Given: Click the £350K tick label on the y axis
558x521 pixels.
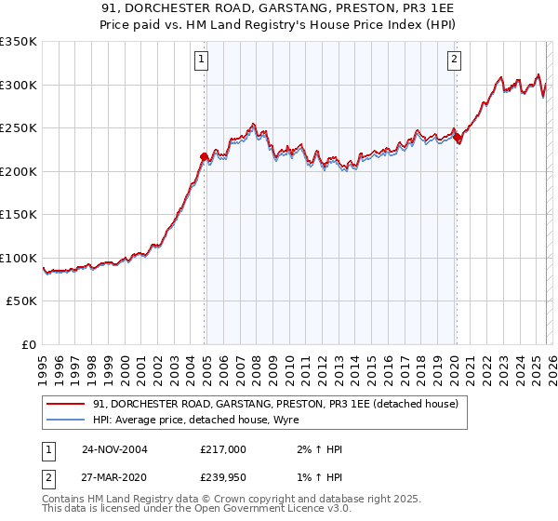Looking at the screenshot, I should (18, 42).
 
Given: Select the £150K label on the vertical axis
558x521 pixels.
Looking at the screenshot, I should (18, 215).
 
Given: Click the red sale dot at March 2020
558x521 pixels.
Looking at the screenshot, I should (457, 137).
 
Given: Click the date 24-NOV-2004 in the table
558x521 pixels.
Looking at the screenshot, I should (114, 449).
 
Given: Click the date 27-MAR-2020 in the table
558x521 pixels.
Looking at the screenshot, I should (114, 477).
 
